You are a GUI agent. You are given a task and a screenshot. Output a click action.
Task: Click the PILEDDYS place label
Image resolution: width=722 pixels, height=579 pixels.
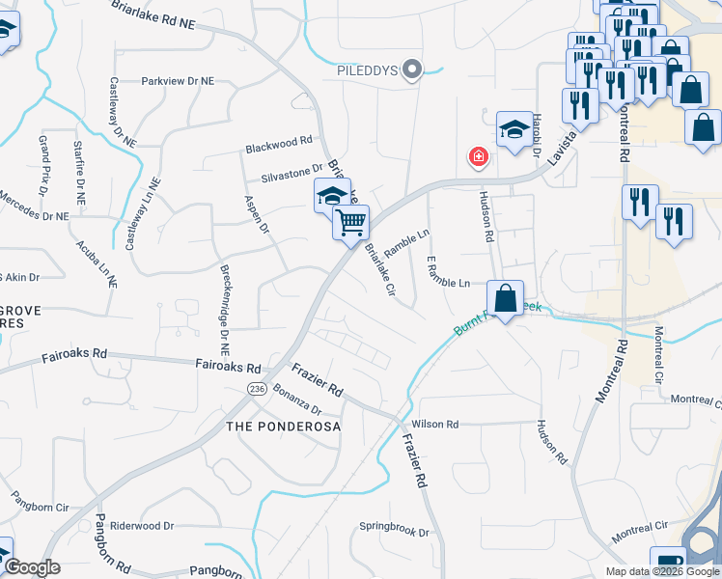pos(367,69)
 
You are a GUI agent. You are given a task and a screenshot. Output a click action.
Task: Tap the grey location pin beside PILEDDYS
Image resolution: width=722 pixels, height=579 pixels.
pos(413,69)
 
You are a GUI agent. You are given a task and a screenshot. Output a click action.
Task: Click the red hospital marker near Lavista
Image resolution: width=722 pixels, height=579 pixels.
pos(476,156)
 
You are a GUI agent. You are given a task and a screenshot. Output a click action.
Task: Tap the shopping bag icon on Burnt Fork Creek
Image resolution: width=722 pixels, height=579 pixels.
pos(505,297)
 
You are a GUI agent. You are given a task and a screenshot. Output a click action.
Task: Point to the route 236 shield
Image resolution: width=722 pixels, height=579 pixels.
pos(256,388)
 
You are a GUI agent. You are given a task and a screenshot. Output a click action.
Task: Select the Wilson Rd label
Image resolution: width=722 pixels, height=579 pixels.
pos(434,424)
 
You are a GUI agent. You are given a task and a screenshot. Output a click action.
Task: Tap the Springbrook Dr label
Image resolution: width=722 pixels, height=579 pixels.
pos(393,530)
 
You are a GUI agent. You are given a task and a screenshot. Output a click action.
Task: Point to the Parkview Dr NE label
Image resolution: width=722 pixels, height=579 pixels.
pos(178,82)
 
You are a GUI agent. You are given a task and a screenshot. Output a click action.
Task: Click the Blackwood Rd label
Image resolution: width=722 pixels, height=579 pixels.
pos(279,144)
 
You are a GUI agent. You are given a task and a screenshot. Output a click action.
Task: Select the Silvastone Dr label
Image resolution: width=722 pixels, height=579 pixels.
pos(291,174)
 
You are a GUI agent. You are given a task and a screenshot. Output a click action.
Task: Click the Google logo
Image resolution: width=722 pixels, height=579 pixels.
pos(31,567)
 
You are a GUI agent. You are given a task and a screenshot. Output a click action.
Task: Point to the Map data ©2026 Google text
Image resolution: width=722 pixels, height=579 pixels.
pos(661,571)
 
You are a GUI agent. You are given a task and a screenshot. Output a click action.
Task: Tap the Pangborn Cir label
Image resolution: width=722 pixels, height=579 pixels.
pos(41,506)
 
